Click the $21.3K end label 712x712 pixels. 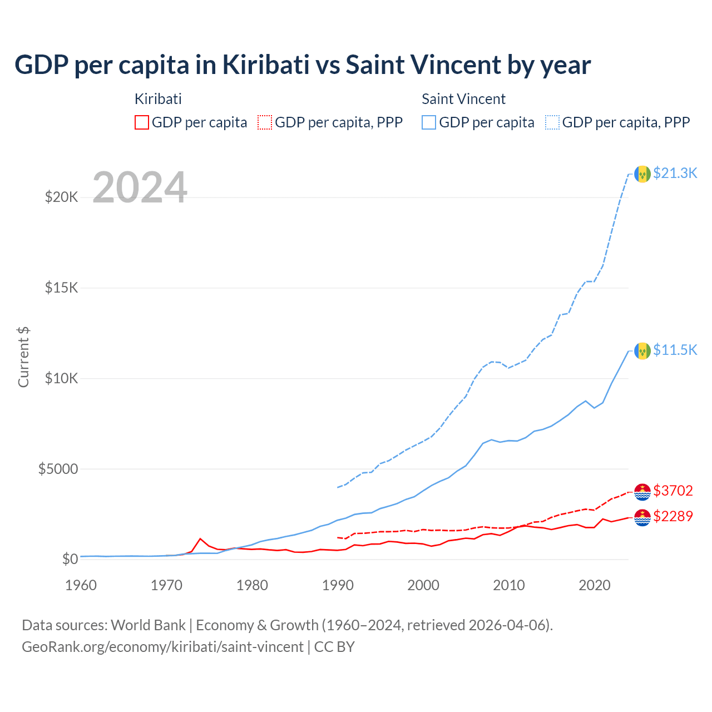[675, 174]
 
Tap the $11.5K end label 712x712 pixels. [675, 350]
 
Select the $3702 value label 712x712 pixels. [673, 491]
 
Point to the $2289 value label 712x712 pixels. [673, 516]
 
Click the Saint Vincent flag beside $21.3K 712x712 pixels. [642, 174]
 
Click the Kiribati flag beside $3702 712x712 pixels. [642, 492]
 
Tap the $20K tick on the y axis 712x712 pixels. [62, 197]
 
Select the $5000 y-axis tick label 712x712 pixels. [58, 469]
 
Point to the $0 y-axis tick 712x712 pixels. [70, 559]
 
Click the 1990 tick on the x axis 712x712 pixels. [338, 585]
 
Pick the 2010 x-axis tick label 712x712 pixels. [509, 585]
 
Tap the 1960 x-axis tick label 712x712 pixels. [81, 585]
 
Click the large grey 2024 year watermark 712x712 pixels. [140, 188]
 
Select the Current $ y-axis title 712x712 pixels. [23, 357]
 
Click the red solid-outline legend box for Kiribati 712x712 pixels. [142, 122]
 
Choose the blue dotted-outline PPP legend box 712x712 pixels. [552, 122]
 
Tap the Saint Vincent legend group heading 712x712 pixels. [463, 99]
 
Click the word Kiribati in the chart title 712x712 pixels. [266, 65]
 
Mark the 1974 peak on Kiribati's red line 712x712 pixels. [200, 538]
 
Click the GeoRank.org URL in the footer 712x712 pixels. [162, 647]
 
